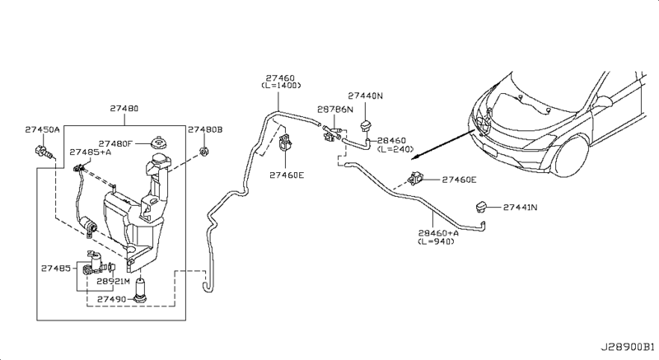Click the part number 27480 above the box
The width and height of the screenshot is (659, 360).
(x=124, y=109)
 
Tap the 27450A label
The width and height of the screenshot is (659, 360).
(x=42, y=129)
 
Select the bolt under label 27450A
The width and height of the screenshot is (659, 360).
(x=44, y=152)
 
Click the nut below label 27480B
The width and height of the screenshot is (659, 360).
(x=204, y=152)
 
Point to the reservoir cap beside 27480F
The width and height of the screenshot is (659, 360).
(x=158, y=143)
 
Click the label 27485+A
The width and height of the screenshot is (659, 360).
(x=90, y=152)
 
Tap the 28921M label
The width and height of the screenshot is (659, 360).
(x=114, y=281)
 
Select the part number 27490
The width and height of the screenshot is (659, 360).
(x=111, y=299)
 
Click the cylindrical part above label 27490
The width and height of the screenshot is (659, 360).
(x=140, y=290)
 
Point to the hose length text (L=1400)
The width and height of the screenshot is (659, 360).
(x=281, y=86)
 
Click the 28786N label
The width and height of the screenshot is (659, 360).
(x=335, y=110)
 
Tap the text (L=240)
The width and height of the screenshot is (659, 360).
(x=395, y=149)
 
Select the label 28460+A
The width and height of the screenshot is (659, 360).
(x=438, y=232)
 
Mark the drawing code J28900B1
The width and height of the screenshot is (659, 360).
(x=627, y=347)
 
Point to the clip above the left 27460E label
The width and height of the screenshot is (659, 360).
(x=286, y=141)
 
